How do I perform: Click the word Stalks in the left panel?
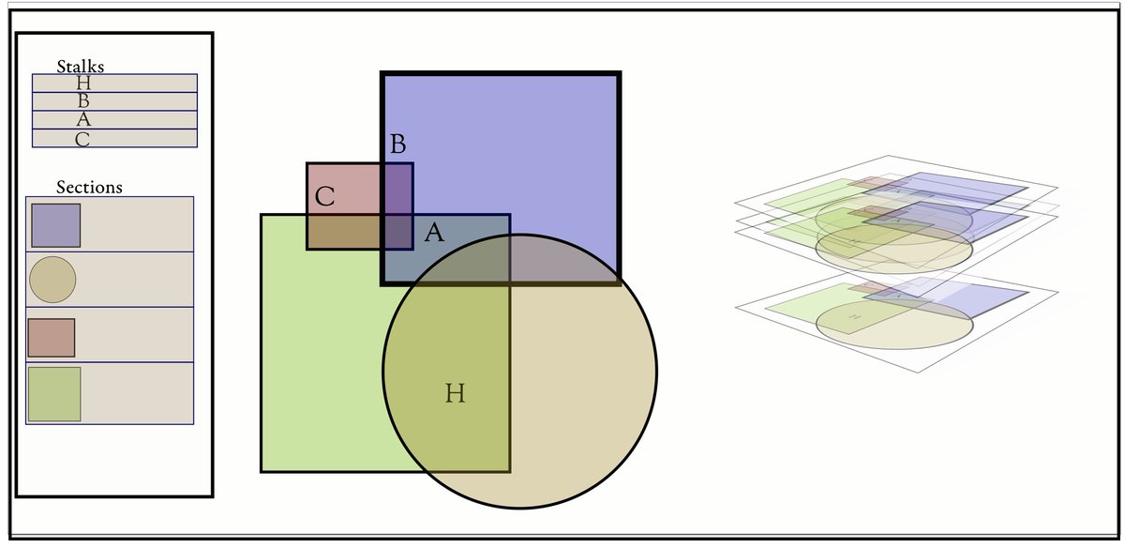80,67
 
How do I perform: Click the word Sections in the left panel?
89,188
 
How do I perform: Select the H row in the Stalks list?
114,84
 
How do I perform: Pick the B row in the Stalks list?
114,101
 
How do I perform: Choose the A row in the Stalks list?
114,120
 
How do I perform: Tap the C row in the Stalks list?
114,139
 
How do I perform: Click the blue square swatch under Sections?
55,225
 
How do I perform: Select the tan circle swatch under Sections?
52,280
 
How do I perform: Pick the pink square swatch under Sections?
52,338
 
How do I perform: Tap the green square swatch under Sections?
54,394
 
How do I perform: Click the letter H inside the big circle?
455,393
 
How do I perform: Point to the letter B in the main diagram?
397,145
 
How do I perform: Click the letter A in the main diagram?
433,233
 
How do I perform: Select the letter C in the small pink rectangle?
325,197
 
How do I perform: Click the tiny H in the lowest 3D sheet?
854,318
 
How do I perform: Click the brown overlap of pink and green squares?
343,232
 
